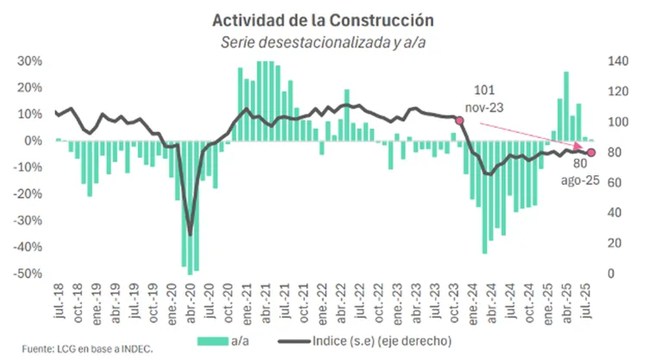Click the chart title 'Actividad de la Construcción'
(x=323, y=20)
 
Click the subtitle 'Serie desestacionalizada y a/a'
(x=323, y=42)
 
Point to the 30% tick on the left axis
(x=30, y=61)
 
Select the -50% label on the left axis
(x=28, y=273)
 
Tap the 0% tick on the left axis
(x=33, y=140)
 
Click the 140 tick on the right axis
(x=618, y=61)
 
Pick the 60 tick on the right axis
(x=614, y=183)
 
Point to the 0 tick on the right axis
(x=611, y=273)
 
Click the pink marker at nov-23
(x=459, y=121)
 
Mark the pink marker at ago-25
(x=591, y=153)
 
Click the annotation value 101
(x=484, y=90)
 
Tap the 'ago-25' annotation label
(x=580, y=180)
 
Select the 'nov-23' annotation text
(x=484, y=108)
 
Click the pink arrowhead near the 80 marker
(x=579, y=146)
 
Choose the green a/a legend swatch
(x=213, y=341)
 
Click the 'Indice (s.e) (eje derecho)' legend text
(x=382, y=341)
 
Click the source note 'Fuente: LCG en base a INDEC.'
(x=87, y=349)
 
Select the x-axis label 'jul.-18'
(x=59, y=300)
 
